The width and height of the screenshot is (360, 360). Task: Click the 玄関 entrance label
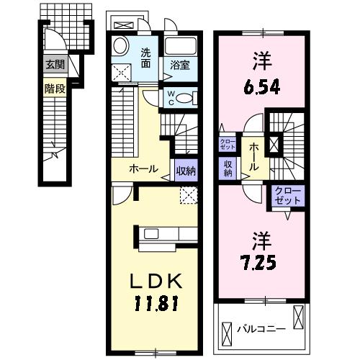pyautogui.click(x=55, y=65)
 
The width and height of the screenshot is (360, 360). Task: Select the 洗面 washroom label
pyautogui.click(x=145, y=57)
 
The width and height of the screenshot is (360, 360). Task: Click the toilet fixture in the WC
pyautogui.click(x=185, y=98)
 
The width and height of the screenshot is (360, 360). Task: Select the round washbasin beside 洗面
pyautogui.click(x=121, y=46)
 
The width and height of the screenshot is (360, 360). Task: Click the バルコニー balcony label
pyautogui.click(x=262, y=330)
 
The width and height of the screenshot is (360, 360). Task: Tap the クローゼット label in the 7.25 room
pyautogui.click(x=287, y=196)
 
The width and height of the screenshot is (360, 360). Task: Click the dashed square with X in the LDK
pyautogui.click(x=189, y=194)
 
